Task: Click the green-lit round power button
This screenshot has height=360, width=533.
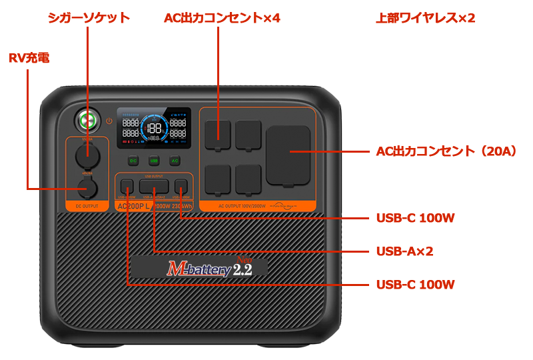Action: [x=85, y=121]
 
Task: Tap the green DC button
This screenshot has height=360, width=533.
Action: [x=133, y=161]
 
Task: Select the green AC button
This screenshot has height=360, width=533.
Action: [x=175, y=161]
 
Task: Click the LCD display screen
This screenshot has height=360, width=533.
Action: [x=154, y=128]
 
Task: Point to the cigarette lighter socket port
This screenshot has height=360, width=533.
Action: [x=86, y=155]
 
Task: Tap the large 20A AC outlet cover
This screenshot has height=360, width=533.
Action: [x=288, y=155]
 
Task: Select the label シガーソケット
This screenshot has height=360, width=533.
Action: [x=89, y=18]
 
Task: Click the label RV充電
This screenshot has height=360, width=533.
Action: [x=29, y=59]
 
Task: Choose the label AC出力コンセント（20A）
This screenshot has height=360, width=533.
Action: [x=446, y=151]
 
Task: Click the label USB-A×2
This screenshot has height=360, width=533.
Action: [x=404, y=251]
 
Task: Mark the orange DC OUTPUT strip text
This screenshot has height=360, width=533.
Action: [x=86, y=207]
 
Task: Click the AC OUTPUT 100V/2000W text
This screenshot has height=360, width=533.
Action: [x=243, y=207]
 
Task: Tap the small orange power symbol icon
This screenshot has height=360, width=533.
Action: [x=109, y=121]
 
